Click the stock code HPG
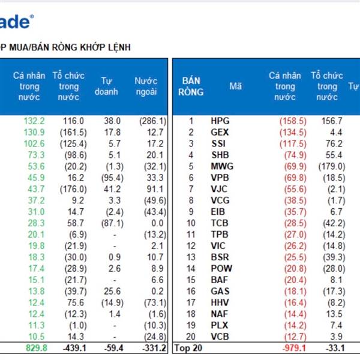(x=221, y=121)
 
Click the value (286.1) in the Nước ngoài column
(x=153, y=121)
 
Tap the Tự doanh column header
(x=107, y=86)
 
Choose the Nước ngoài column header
(x=146, y=86)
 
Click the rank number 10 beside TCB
(x=191, y=223)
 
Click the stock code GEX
(x=221, y=132)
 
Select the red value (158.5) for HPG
(x=293, y=121)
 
